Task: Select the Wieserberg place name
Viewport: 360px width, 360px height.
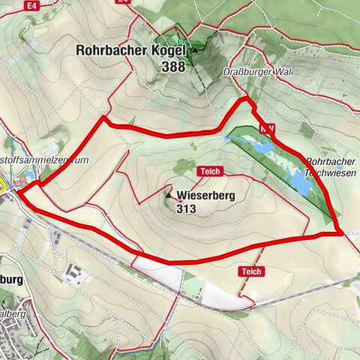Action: pyautogui.click(x=207, y=196)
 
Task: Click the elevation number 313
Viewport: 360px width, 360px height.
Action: pyautogui.click(x=187, y=209)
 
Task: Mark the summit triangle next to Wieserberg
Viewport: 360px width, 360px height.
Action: pyautogui.click(x=168, y=196)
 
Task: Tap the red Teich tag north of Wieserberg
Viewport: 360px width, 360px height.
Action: pyautogui.click(x=208, y=172)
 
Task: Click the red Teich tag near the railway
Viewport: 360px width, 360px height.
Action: pyautogui.click(x=250, y=271)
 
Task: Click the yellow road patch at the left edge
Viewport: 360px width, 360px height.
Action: pyautogui.click(x=2, y=181)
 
